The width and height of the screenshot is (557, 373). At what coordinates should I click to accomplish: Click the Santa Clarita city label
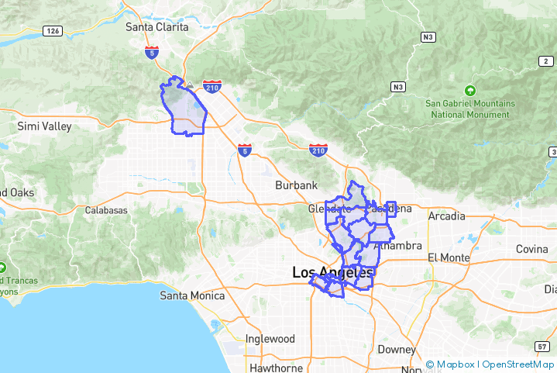tap(156, 27)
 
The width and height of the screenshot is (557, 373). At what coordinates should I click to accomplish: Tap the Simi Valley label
tap(44, 126)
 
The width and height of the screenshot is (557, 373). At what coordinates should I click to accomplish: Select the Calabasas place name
tap(105, 210)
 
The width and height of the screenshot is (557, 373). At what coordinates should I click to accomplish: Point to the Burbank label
tap(297, 185)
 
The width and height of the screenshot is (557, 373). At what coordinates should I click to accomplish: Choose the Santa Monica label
tap(192, 295)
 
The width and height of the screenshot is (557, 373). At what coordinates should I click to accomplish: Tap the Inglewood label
tap(270, 339)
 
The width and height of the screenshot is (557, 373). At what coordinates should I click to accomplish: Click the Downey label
tap(397, 350)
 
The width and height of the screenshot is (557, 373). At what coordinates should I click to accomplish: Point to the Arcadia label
tap(447, 216)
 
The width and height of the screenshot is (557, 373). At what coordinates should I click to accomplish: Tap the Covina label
tap(532, 249)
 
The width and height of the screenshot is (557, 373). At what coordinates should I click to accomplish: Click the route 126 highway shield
tap(53, 31)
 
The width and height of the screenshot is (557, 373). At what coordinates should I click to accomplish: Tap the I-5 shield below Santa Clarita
tap(152, 52)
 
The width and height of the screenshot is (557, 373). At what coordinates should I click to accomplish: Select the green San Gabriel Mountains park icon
tap(469, 91)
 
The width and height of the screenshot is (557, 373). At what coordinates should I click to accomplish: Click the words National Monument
tap(469, 115)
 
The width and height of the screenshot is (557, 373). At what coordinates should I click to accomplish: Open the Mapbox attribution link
tap(454, 364)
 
